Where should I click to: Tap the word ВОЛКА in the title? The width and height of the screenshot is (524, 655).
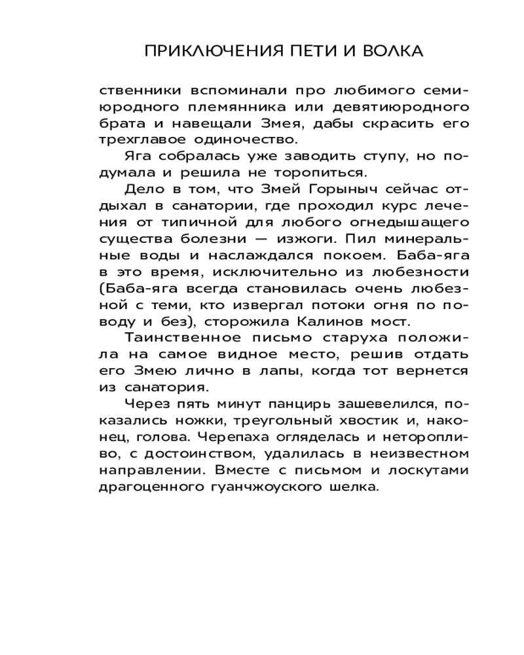pyautogui.click(x=391, y=52)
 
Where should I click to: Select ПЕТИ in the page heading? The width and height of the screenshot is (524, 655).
pyautogui.click(x=311, y=52)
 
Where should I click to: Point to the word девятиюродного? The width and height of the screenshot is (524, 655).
pyautogui.click(x=383, y=107)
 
